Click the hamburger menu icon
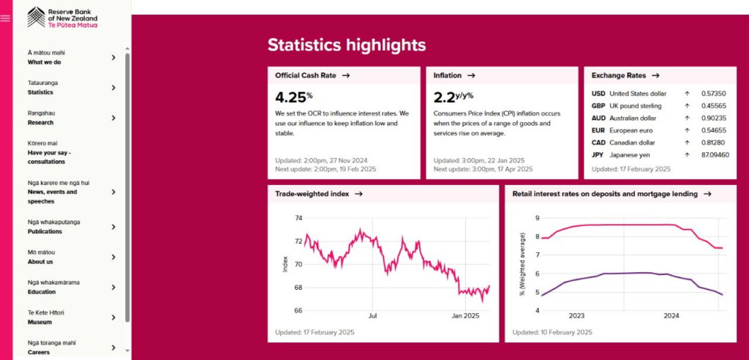point(5,18)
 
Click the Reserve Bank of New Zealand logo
point(63,18)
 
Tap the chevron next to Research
point(113,118)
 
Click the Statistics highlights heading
point(346,45)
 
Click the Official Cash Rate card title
point(306,75)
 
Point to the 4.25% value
point(294,97)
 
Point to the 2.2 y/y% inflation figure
point(453,97)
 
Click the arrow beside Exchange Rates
point(655,75)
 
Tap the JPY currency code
point(598,155)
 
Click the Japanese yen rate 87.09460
point(715,155)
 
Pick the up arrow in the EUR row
point(687,130)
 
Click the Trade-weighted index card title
point(312,194)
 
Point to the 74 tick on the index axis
point(298,218)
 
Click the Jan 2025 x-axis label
point(465,315)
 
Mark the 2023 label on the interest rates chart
point(576,315)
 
